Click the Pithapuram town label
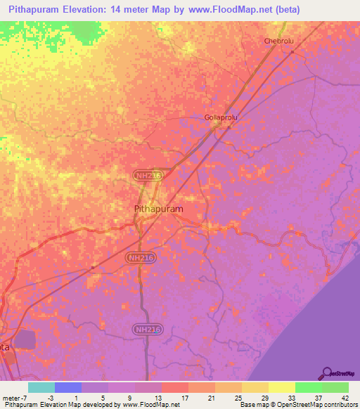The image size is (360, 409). (158, 209)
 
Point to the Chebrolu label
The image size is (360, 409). (277, 41)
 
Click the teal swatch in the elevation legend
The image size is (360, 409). (41, 387)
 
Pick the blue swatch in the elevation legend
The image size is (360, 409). (67, 387)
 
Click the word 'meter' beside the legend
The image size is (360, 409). (11, 397)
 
